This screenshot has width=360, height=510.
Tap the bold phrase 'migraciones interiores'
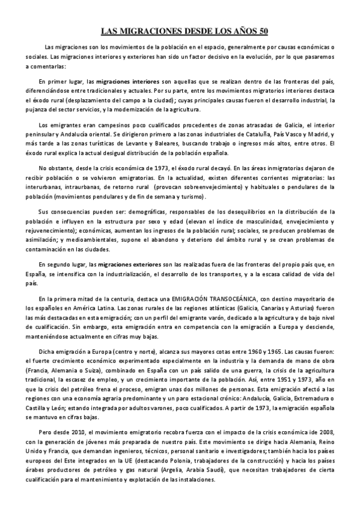pos(128,81)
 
